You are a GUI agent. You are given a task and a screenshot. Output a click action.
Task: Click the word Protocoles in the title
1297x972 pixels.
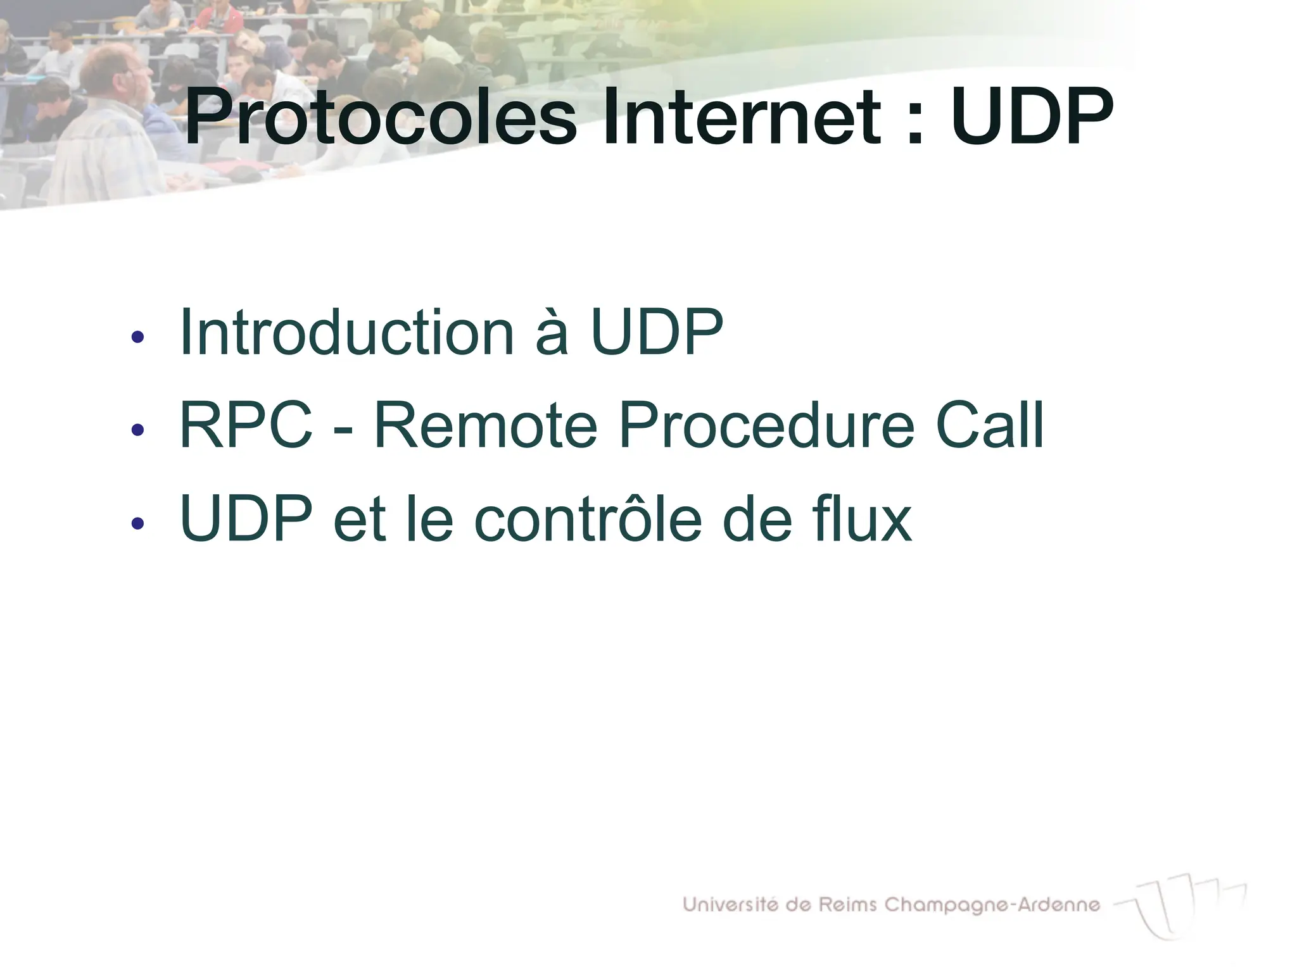381,118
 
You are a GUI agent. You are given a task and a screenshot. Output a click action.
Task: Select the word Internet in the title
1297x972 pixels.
742,118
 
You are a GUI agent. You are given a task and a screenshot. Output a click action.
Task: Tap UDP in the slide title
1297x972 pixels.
1032,116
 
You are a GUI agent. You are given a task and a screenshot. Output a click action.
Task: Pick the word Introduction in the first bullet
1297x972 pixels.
346,332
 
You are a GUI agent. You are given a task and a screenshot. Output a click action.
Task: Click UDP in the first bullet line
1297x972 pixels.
657,332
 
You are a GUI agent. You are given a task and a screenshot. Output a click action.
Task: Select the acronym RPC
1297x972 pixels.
246,425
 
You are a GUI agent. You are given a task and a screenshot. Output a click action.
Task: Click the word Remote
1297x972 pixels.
486,425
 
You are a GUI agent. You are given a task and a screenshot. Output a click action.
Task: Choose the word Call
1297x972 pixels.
989,425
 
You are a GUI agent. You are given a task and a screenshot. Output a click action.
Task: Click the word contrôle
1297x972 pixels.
588,519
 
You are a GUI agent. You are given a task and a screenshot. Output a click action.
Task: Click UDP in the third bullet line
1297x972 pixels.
246,519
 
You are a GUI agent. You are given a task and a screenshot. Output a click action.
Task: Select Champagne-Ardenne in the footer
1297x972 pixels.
992,906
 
